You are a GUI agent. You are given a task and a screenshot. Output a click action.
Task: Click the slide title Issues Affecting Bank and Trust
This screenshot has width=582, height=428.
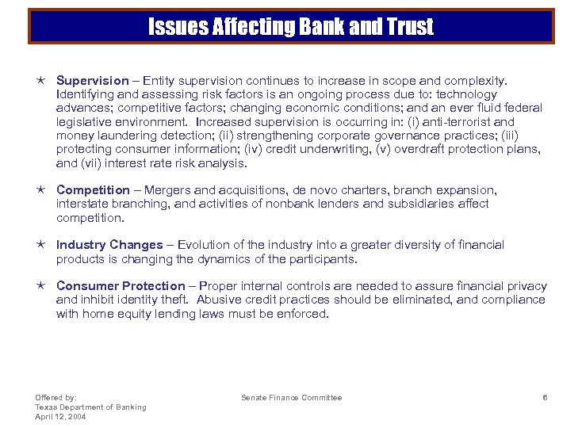click(x=291, y=28)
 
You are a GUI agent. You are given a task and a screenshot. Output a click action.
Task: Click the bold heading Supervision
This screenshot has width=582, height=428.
click(x=92, y=80)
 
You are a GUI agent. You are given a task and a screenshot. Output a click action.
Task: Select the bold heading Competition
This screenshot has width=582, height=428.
click(x=93, y=189)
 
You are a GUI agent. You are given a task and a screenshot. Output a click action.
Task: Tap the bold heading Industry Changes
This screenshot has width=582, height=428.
click(x=109, y=245)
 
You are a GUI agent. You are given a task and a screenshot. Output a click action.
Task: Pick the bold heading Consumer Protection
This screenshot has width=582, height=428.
click(x=120, y=285)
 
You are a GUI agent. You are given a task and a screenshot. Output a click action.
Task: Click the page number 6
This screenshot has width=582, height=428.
click(x=545, y=397)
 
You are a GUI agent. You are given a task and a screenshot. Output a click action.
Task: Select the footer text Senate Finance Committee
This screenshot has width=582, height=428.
click(x=292, y=397)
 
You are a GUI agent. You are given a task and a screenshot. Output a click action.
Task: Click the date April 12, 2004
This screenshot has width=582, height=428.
click(x=62, y=416)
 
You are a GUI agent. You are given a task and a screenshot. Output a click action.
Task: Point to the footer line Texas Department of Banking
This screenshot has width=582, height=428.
click(x=90, y=407)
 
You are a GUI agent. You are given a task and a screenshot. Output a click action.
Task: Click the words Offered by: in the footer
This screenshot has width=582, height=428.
click(x=56, y=397)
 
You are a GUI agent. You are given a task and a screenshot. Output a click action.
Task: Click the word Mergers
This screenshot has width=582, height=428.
click(x=163, y=189)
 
